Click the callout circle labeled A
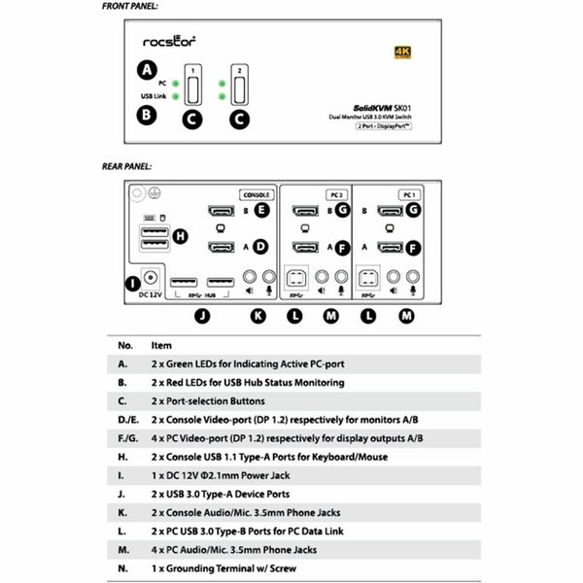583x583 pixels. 147,70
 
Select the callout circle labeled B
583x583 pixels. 147,114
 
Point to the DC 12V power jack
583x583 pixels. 151,279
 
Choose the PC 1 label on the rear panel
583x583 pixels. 408,194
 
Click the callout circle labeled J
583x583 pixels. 201,315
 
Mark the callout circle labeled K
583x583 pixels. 257,315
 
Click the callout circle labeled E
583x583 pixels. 260,210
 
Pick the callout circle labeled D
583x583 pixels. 260,247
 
